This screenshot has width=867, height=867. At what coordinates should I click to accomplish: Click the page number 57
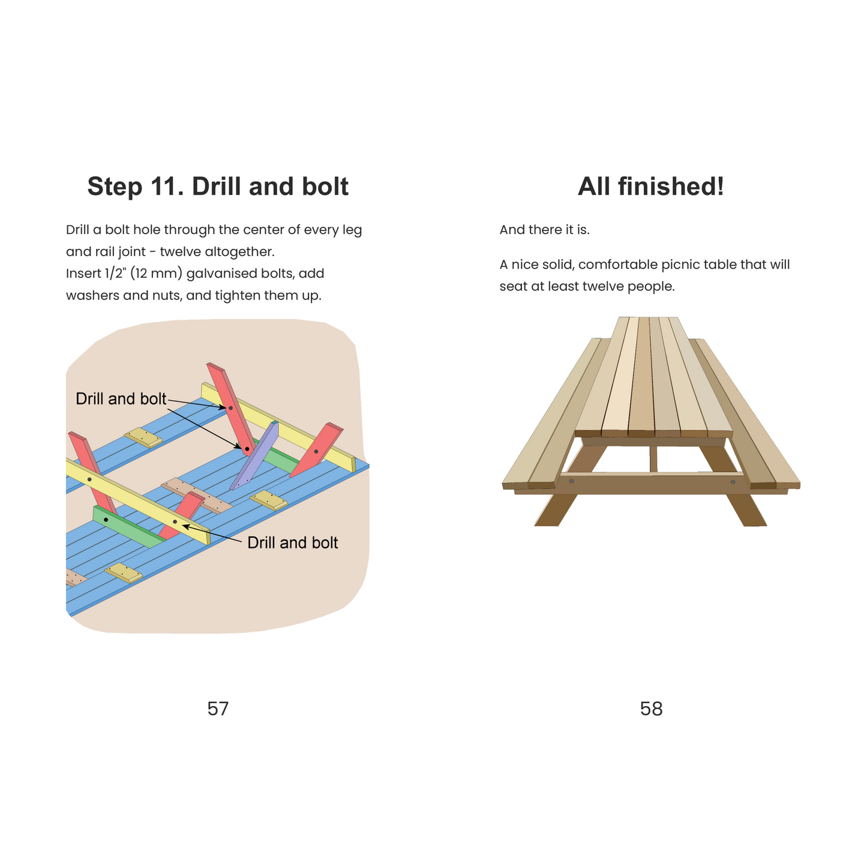point(218,709)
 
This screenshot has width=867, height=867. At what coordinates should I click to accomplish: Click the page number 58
point(651,709)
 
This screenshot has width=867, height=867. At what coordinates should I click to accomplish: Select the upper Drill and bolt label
point(121,398)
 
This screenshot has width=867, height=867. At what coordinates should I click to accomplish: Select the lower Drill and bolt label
point(292,542)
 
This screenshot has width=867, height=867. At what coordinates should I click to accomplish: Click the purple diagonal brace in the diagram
point(254,455)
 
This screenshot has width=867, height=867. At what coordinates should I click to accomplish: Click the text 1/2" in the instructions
point(115,273)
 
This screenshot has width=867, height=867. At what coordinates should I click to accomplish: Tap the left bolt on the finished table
point(571,481)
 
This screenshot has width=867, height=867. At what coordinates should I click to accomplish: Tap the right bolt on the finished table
point(733,482)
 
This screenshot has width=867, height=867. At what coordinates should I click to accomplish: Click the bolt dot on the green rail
point(106,520)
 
